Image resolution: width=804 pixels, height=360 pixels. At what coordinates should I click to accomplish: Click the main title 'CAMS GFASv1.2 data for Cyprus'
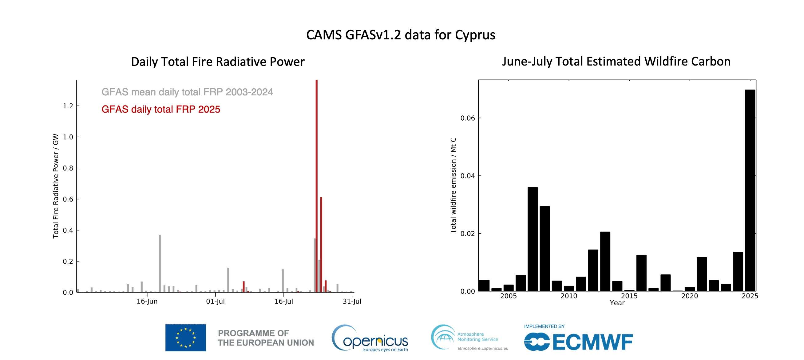click(400, 35)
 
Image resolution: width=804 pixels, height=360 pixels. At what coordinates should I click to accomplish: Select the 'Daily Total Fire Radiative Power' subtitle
click(218, 62)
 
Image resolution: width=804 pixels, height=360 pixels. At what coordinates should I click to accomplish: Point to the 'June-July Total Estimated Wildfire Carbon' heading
click(616, 61)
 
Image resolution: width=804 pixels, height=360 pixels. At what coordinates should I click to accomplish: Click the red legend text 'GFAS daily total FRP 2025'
click(161, 109)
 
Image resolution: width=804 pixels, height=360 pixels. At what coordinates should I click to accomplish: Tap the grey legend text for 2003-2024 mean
click(187, 92)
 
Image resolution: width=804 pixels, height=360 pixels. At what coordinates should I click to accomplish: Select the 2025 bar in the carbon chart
click(750, 190)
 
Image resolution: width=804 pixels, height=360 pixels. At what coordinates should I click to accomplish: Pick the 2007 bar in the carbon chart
click(533, 239)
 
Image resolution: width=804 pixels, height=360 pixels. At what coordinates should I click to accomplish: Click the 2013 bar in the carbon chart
click(605, 261)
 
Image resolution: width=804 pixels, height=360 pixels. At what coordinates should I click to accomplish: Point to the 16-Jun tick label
click(147, 301)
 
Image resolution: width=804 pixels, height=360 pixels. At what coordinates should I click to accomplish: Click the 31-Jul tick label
click(352, 301)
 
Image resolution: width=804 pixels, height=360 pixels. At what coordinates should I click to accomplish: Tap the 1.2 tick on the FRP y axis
click(68, 106)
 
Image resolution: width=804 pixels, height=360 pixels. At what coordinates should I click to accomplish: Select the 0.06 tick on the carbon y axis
click(467, 118)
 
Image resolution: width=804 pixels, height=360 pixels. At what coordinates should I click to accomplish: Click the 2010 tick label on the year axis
click(569, 296)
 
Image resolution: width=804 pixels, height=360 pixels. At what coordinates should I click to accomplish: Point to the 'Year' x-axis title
click(617, 303)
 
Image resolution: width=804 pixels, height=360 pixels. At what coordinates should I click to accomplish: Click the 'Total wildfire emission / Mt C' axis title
click(453, 186)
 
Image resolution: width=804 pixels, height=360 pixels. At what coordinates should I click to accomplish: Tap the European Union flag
click(185, 338)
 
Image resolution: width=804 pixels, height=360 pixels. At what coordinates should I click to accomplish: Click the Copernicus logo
click(370, 338)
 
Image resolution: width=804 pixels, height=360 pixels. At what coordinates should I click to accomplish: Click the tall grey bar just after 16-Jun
click(160, 263)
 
